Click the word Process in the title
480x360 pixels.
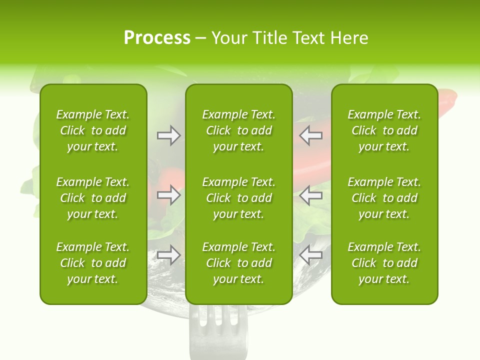tap(156, 38)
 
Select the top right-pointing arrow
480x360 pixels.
tap(168, 135)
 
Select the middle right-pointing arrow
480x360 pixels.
tap(168, 195)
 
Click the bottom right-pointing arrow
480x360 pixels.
tap(168, 255)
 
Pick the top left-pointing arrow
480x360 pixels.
tap(311, 135)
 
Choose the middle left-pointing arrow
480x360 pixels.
tap(311, 195)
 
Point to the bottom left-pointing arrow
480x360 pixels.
tap(311, 255)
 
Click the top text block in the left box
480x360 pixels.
tap(93, 130)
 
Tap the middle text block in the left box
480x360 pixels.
tap(93, 198)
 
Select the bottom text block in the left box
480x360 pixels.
tap(93, 263)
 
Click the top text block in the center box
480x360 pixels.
tap(238, 130)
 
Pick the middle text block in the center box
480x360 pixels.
tap(238, 198)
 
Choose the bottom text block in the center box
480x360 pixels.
tap(238, 263)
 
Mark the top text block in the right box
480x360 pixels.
tap(384, 130)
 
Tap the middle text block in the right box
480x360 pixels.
tap(384, 198)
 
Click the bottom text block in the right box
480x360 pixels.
tap(384, 263)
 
